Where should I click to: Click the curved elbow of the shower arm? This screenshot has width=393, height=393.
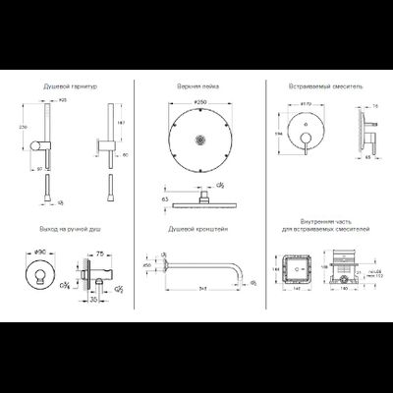click(x=237, y=268)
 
